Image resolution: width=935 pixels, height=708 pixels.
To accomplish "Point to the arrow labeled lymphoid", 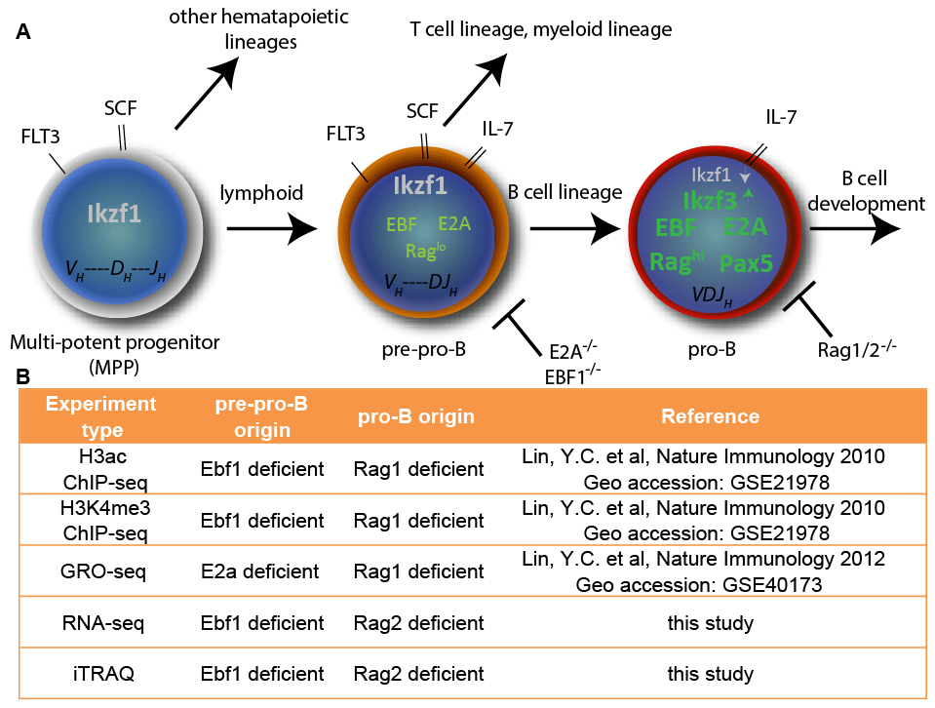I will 271,230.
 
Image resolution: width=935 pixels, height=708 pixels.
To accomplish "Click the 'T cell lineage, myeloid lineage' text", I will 540,29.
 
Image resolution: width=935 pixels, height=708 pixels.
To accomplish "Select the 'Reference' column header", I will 710,416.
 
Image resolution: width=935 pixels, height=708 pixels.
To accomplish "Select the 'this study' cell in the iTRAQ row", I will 710,673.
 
